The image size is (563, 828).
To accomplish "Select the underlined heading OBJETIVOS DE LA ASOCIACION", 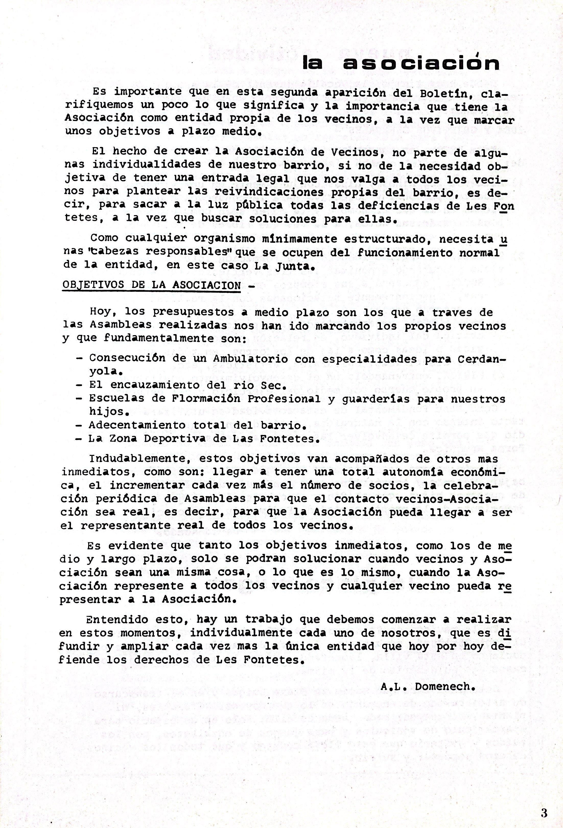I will [151, 285].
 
